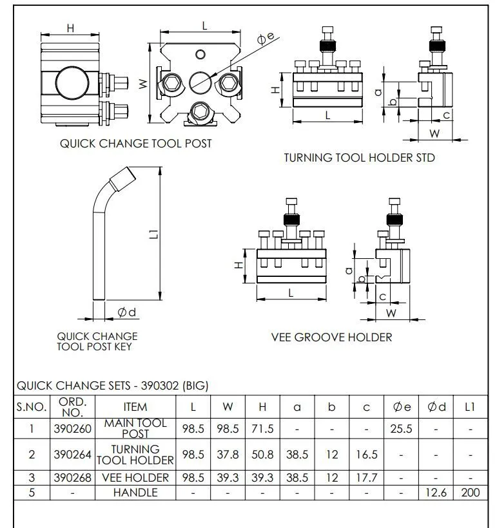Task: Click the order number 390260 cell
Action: (x=72, y=428)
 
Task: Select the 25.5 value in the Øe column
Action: (x=402, y=428)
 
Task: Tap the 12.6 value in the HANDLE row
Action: (x=436, y=493)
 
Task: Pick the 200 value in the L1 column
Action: (x=470, y=493)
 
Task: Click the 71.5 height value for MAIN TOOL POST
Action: (x=262, y=428)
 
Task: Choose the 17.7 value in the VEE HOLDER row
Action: (x=366, y=478)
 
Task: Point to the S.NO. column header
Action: (x=32, y=407)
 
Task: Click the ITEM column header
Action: (x=135, y=407)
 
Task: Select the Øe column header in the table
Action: (x=402, y=407)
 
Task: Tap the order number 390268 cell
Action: (x=72, y=478)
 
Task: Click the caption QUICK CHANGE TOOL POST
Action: (x=135, y=144)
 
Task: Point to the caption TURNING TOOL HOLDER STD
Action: (x=360, y=157)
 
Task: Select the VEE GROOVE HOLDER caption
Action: (x=331, y=337)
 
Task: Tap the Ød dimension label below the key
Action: (x=126, y=313)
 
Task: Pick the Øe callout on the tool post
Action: (x=266, y=39)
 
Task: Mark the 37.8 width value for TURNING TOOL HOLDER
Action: (x=228, y=454)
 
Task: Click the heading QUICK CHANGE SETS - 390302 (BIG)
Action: (x=112, y=386)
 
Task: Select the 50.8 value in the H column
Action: (x=262, y=454)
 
